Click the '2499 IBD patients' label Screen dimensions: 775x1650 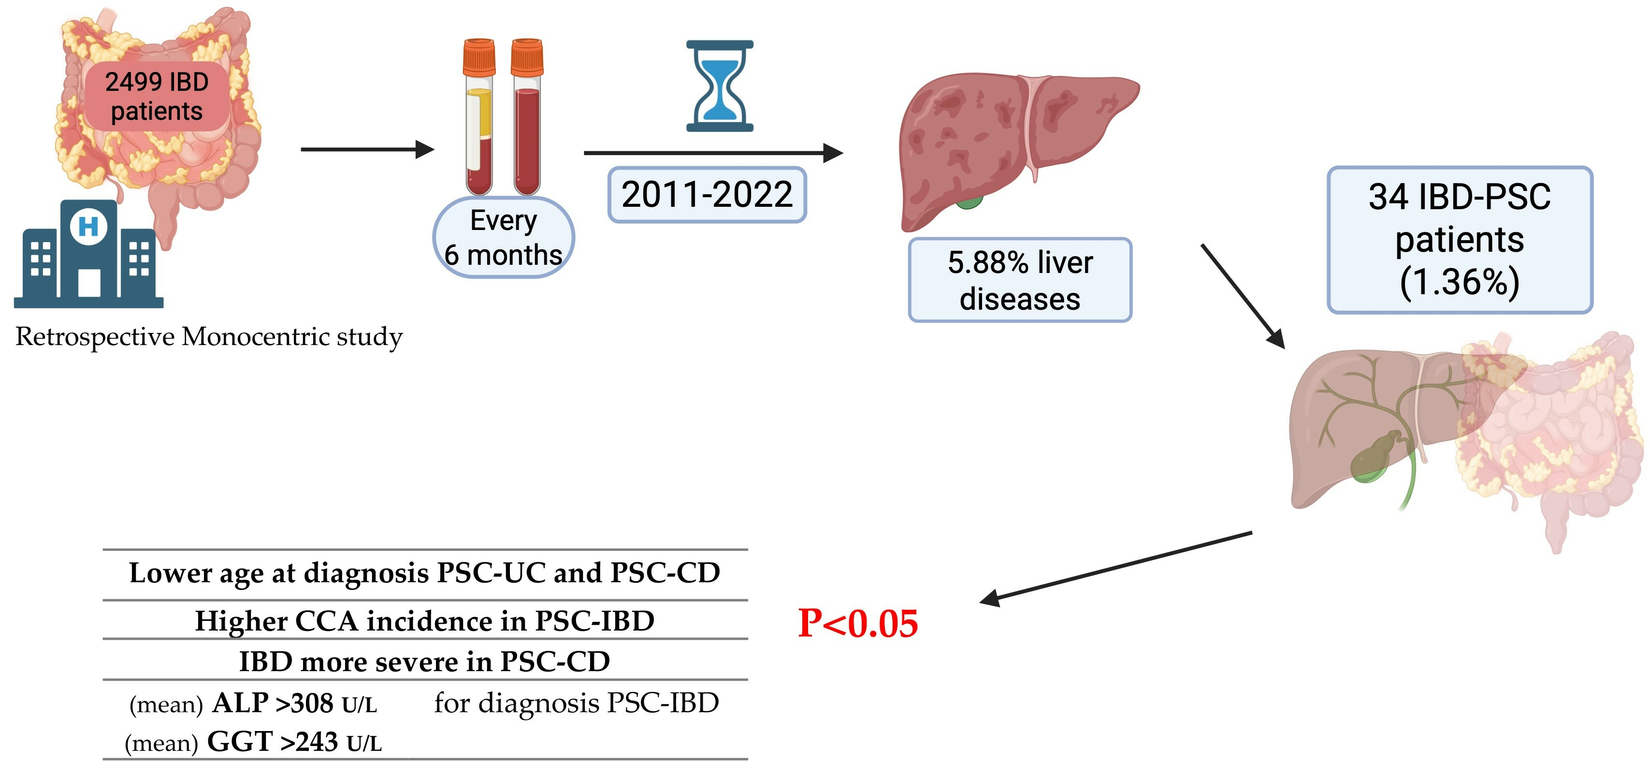tap(157, 97)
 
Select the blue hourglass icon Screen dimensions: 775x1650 tap(719, 86)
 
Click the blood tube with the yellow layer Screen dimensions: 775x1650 tap(479, 118)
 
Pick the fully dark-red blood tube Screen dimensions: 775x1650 tap(526, 118)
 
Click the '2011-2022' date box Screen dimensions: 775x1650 tap(707, 195)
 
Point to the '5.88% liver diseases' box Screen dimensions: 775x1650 tap(1020, 280)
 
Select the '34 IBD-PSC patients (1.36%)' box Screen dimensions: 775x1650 tap(1459, 240)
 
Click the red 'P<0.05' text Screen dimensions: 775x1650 tap(858, 623)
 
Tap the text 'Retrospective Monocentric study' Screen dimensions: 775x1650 tap(209, 337)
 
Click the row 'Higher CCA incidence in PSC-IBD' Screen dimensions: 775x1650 tap(425, 621)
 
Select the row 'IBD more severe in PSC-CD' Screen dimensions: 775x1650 tap(425, 661)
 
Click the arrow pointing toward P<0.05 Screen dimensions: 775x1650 tap(1114, 567)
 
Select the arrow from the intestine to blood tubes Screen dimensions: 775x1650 tap(367, 149)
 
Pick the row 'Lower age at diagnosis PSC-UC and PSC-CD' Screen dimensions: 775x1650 tap(425, 573)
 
